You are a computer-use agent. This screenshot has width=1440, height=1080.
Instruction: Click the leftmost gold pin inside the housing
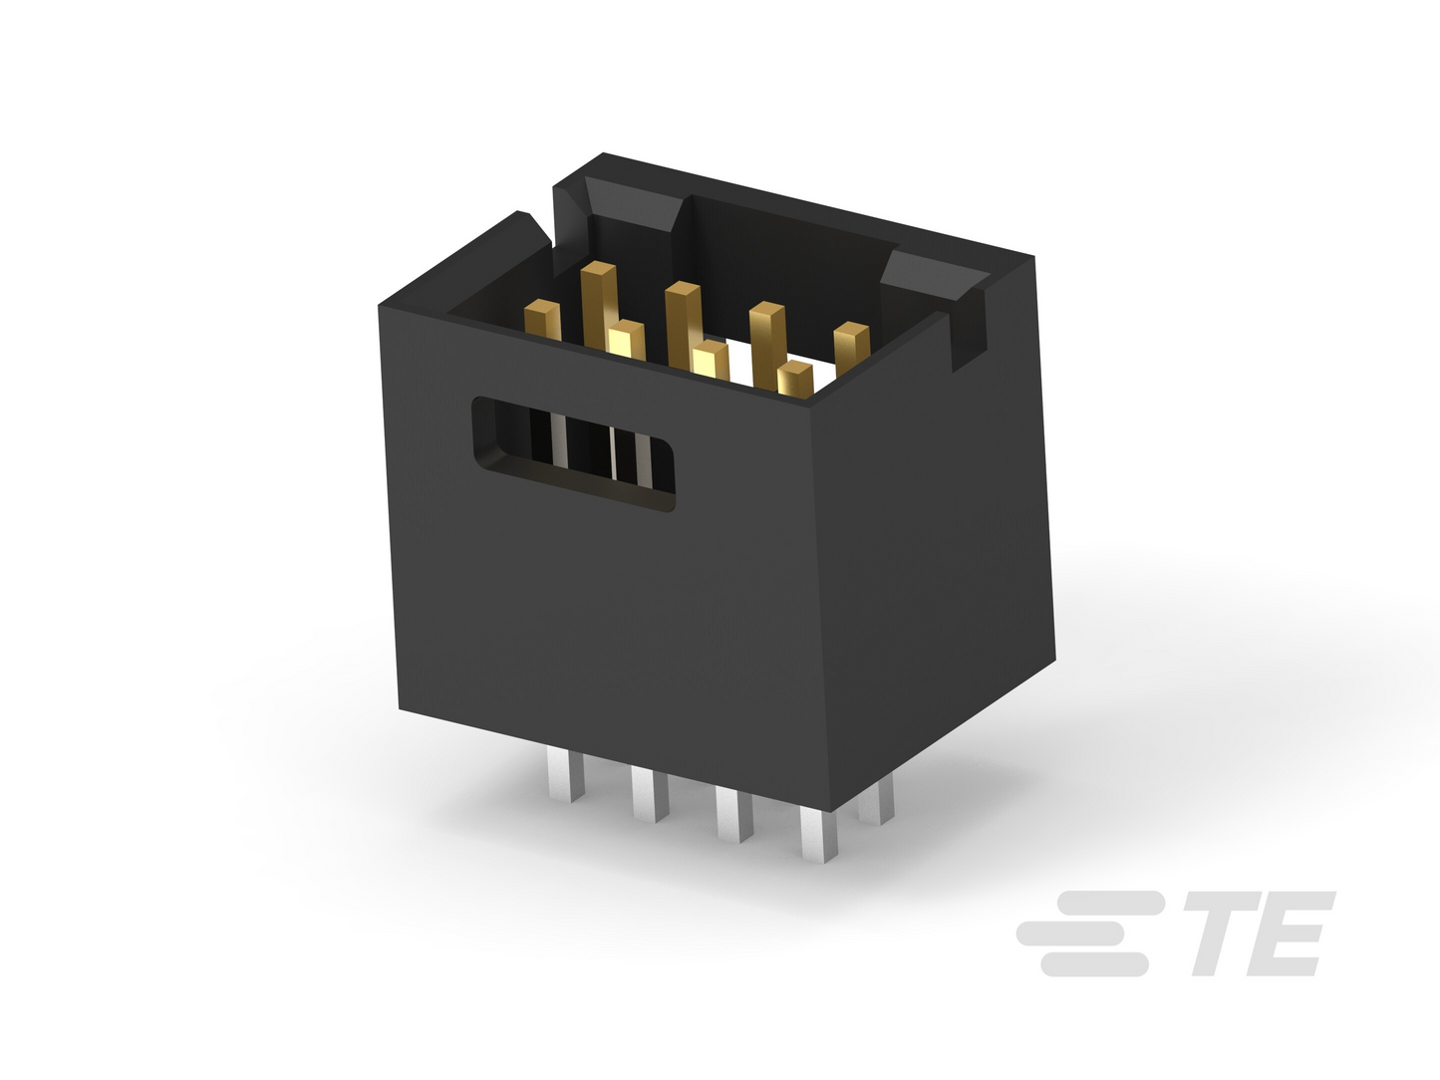(543, 319)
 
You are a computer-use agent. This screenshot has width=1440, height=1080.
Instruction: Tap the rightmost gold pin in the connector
(852, 348)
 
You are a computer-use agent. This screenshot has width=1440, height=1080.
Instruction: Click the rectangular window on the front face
(573, 453)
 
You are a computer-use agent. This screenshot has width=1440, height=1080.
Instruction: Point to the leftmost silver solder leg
(565, 777)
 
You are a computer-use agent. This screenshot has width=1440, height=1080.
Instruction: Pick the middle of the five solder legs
(734, 816)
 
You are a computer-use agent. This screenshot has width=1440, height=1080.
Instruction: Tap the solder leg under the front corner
(819, 836)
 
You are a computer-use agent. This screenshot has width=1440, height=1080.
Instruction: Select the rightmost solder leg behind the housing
(877, 798)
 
